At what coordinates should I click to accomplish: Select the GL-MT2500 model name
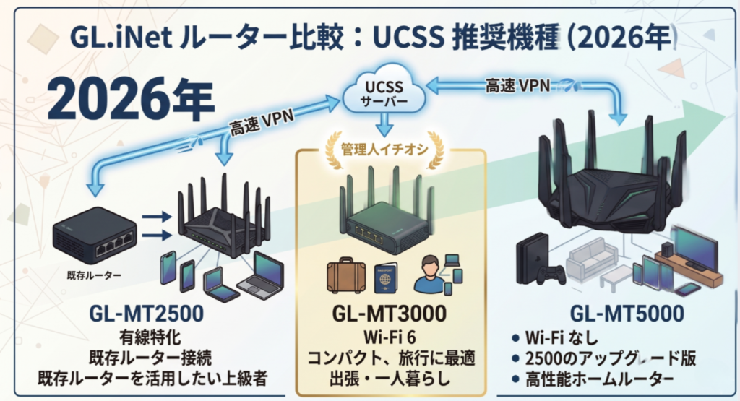(x=147, y=314)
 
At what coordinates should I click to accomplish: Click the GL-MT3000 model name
(x=390, y=314)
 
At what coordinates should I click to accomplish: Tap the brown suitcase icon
(x=346, y=275)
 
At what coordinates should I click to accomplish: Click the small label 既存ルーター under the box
(x=94, y=275)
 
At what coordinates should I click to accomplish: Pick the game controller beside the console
(x=552, y=275)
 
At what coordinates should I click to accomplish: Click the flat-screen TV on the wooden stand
(x=694, y=247)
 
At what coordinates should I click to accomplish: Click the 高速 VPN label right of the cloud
(x=517, y=86)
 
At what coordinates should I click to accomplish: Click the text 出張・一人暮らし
(x=390, y=379)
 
